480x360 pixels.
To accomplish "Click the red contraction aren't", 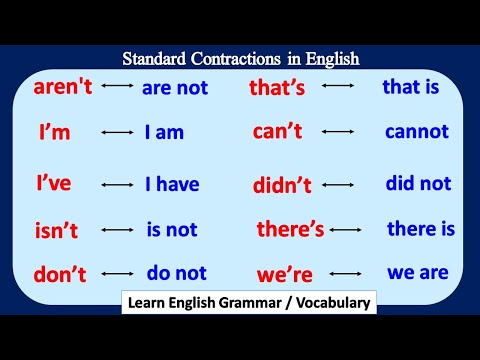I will click(63, 87).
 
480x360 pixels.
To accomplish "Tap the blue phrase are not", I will click(175, 88).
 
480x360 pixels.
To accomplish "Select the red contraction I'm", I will click(54, 133).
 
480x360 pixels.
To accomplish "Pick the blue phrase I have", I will click(172, 184).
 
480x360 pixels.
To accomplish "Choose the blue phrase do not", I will click(176, 273).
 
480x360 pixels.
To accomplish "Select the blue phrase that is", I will click(410, 87).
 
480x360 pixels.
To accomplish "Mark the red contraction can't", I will click(277, 132).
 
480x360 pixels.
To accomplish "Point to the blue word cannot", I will click(417, 131).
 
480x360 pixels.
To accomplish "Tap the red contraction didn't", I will click(283, 185).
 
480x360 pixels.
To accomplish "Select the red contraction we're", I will click(284, 273).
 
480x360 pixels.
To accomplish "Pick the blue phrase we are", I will click(418, 271).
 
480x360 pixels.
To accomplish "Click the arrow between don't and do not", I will click(118, 273).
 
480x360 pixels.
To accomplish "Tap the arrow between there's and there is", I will click(346, 229).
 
